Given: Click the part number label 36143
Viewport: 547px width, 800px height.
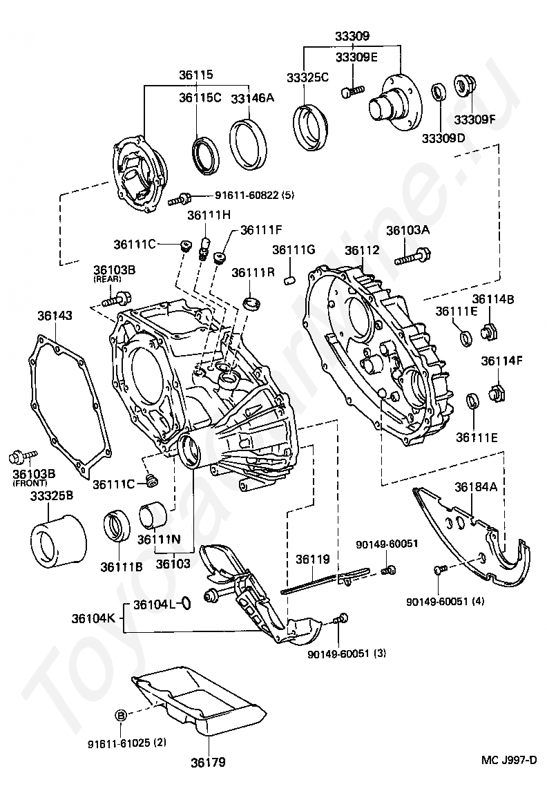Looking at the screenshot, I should tap(55, 315).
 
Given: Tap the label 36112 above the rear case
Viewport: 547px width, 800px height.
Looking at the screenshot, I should tap(362, 250).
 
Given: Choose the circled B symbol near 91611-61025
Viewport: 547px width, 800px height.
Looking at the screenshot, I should tap(120, 715).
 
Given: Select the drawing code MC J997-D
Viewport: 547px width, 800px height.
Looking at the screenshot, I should tap(509, 760).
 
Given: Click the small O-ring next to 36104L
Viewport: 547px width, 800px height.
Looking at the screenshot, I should tap(183, 604).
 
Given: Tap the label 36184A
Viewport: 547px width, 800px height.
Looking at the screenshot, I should tap(476, 486).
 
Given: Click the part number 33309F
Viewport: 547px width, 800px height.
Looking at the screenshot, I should tap(474, 119).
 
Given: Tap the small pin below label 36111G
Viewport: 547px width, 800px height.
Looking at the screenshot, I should tap(291, 280).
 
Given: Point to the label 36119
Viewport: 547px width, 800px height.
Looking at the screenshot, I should tap(313, 559).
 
